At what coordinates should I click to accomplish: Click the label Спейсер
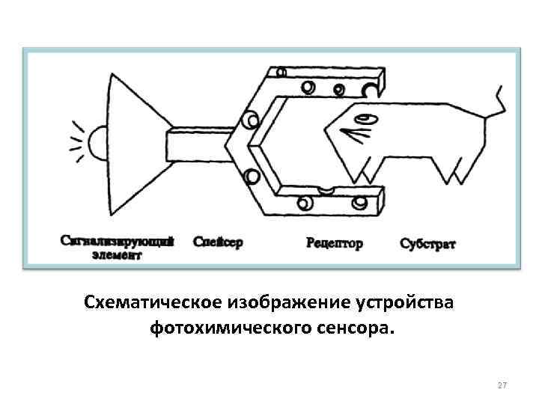click(218, 242)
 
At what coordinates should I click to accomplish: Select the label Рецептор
click(335, 243)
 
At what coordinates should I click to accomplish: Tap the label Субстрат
click(427, 244)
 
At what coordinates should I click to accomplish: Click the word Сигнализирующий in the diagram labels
click(118, 242)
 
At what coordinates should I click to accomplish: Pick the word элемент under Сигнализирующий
click(117, 254)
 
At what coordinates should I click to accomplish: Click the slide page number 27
click(502, 385)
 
